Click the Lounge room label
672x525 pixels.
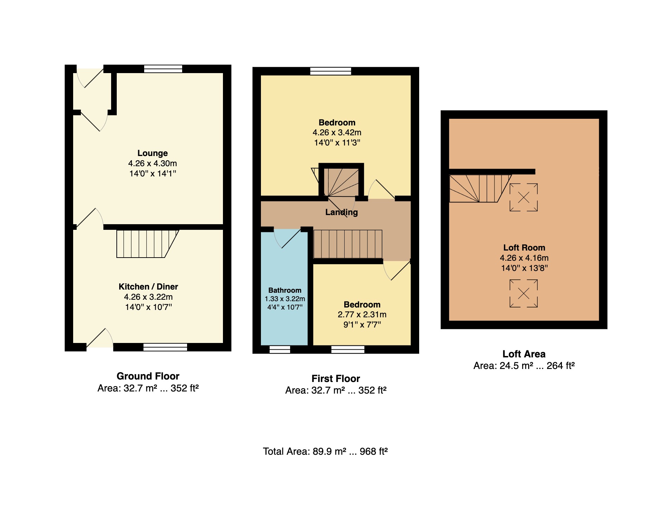click(x=152, y=153)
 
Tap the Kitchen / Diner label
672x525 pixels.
click(x=148, y=287)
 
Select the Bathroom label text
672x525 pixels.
click(x=285, y=290)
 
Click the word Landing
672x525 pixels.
click(x=341, y=212)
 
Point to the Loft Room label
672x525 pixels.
click(x=524, y=248)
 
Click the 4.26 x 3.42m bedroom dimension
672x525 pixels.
click(x=337, y=132)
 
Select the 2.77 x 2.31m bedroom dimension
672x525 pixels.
click(x=362, y=315)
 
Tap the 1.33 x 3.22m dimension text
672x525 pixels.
click(x=285, y=299)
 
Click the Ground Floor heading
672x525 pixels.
click(x=148, y=376)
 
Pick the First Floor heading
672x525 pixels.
click(x=336, y=378)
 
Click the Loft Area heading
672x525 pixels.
click(x=524, y=354)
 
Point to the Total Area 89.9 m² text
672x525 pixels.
click(x=325, y=451)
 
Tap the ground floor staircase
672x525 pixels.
click(x=148, y=244)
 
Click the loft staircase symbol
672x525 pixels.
click(x=480, y=189)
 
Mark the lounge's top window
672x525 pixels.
click(x=163, y=69)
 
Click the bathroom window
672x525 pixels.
click(x=280, y=349)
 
